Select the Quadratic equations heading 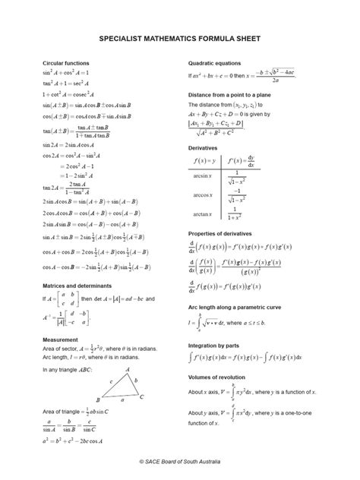[x=214, y=63]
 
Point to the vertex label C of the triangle [x=142, y=396]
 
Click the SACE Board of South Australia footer [x=179, y=461]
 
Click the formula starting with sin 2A [x=68, y=144]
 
